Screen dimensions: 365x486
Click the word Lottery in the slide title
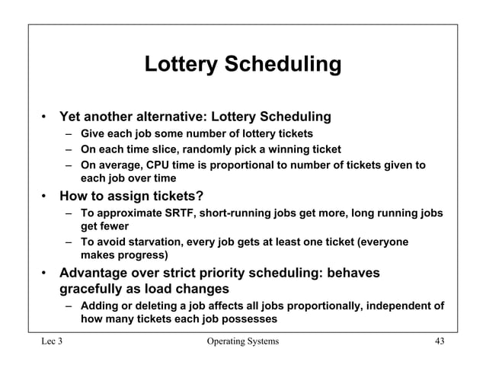(181, 65)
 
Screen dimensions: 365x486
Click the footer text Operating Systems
(242, 341)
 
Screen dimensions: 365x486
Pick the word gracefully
(95, 290)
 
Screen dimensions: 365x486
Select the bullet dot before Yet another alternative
(46, 118)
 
